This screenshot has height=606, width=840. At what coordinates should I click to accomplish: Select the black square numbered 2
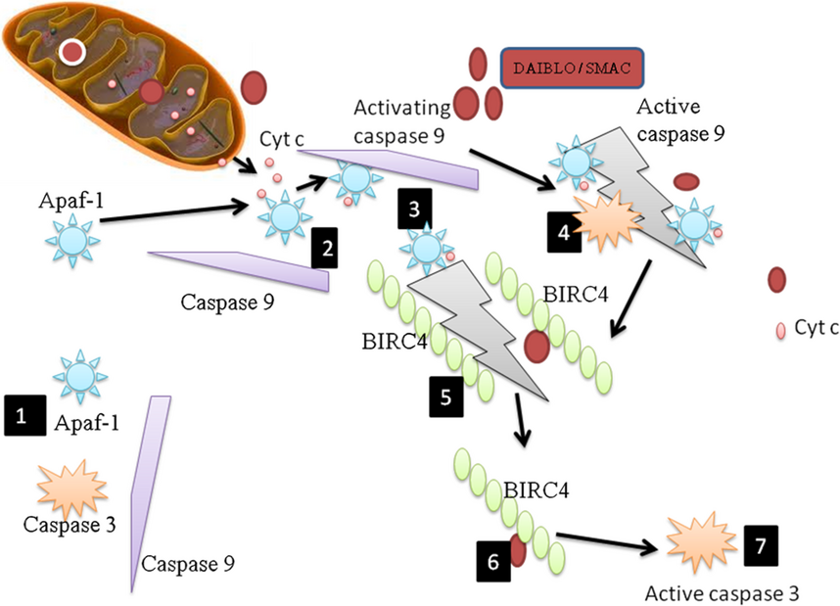pos(326,249)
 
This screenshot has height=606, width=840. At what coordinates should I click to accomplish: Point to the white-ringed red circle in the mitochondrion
pos(70,52)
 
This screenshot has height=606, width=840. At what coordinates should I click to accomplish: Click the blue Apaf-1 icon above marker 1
pos(77,375)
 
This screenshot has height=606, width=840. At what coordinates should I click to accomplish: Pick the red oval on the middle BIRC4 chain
pos(536,345)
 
